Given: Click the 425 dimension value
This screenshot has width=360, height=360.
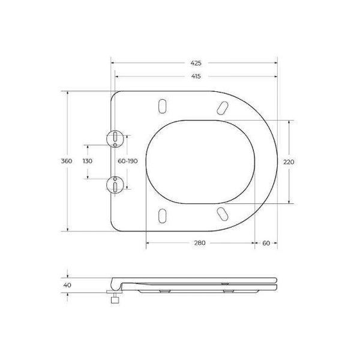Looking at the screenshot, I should [196, 62].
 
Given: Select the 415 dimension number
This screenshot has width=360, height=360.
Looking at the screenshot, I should [196, 76].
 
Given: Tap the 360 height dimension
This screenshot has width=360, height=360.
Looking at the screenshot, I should [67, 161].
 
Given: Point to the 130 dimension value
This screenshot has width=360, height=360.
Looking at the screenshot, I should [88, 161].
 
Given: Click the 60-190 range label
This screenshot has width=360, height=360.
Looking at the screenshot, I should [128, 161].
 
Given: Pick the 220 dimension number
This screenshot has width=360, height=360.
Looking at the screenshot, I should [290, 161].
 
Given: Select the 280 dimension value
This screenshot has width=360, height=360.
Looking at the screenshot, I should [200, 243].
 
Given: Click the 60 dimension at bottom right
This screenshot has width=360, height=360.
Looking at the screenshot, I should [266, 243].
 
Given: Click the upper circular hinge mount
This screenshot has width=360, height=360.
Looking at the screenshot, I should [114, 139].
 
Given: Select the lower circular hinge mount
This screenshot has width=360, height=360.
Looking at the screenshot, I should [114, 184].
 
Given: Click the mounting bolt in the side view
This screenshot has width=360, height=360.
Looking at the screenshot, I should [112, 298].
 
